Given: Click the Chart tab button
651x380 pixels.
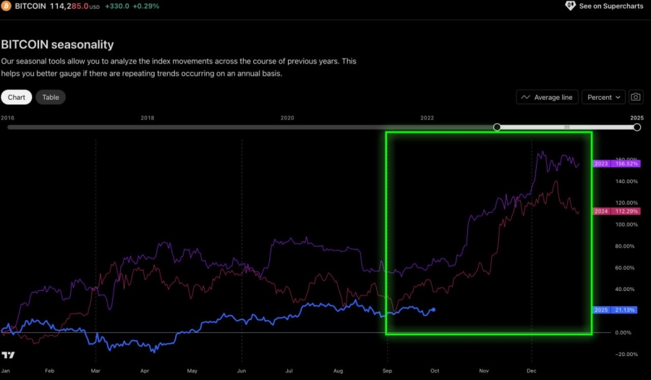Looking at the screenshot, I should point(17,97).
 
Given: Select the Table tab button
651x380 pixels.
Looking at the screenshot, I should point(51,97).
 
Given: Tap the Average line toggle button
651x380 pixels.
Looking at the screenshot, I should point(547,97).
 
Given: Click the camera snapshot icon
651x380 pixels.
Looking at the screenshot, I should point(636,97).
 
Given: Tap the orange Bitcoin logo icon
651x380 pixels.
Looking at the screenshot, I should point(6,6).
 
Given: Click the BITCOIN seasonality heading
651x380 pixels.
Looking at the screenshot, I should point(57,45).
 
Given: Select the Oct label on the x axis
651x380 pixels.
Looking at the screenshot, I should point(435,371).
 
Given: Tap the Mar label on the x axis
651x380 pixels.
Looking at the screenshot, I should point(95,371).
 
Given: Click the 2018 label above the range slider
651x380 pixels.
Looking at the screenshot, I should point(147,117).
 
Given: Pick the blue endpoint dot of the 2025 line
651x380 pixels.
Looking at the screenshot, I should point(433,310).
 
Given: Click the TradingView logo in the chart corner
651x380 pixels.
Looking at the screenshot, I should point(8,355).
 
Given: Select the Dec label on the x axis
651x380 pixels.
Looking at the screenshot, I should point(532,371).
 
